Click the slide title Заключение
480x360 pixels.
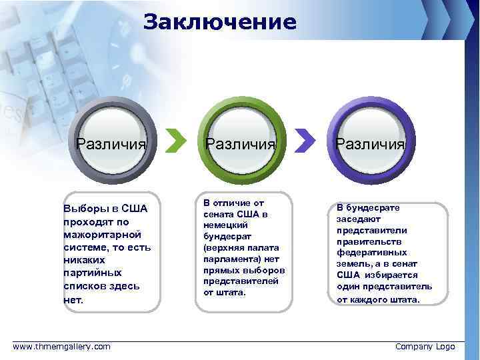(220, 22)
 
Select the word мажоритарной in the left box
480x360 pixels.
(102, 235)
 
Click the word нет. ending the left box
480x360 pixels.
(73, 299)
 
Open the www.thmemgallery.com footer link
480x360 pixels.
(62, 347)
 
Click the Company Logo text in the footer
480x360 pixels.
(425, 347)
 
